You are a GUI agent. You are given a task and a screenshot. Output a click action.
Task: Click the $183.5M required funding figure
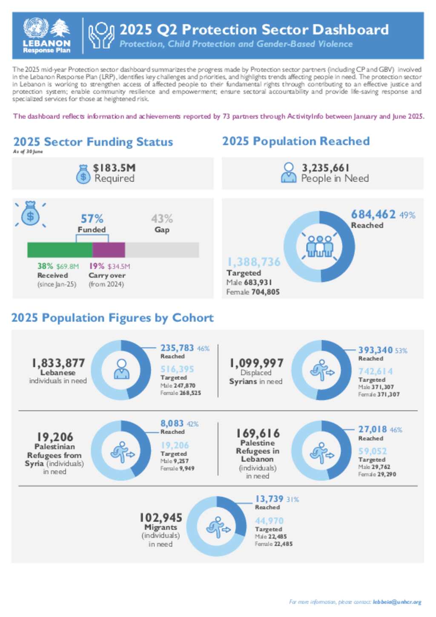(x=114, y=168)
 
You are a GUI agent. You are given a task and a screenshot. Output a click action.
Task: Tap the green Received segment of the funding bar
(x=60, y=250)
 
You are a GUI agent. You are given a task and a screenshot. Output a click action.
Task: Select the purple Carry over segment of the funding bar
(x=109, y=250)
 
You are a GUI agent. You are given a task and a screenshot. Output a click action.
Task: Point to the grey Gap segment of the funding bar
(x=162, y=250)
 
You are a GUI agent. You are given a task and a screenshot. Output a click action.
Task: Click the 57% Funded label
(x=92, y=219)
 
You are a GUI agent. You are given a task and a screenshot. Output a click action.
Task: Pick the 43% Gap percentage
(x=162, y=219)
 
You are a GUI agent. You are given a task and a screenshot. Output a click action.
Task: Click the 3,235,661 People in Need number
(x=325, y=168)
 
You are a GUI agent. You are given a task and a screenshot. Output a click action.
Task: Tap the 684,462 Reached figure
(x=373, y=214)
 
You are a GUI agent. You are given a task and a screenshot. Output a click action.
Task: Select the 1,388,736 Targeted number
(x=254, y=262)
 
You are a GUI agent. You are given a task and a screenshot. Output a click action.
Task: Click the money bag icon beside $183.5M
(x=83, y=174)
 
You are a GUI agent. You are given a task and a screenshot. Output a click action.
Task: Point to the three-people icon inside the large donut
(x=319, y=247)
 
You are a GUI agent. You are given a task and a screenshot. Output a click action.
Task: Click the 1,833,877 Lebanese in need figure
(x=58, y=363)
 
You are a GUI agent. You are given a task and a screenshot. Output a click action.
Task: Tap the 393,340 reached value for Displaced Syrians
(x=375, y=350)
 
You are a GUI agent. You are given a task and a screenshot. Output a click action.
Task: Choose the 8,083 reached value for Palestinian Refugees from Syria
(x=172, y=423)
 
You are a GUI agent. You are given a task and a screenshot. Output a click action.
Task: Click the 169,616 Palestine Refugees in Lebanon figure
(x=258, y=433)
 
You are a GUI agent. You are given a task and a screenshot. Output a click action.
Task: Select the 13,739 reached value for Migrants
(x=269, y=499)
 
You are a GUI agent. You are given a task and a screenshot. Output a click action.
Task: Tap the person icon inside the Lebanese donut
(x=121, y=369)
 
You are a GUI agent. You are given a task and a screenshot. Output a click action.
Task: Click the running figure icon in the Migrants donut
(x=218, y=527)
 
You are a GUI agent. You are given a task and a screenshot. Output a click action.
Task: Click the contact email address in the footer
(x=397, y=602)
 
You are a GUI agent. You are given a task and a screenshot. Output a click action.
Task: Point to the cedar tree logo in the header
(x=60, y=29)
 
